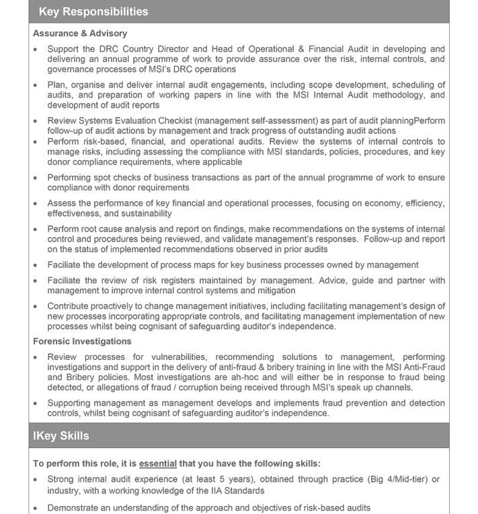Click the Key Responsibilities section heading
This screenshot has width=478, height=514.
93,11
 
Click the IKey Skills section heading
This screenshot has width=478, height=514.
61,436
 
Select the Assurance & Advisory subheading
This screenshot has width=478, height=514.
80,33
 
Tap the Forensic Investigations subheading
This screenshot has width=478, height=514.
82,341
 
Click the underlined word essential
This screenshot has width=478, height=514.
158,464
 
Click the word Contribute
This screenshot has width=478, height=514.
71,306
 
